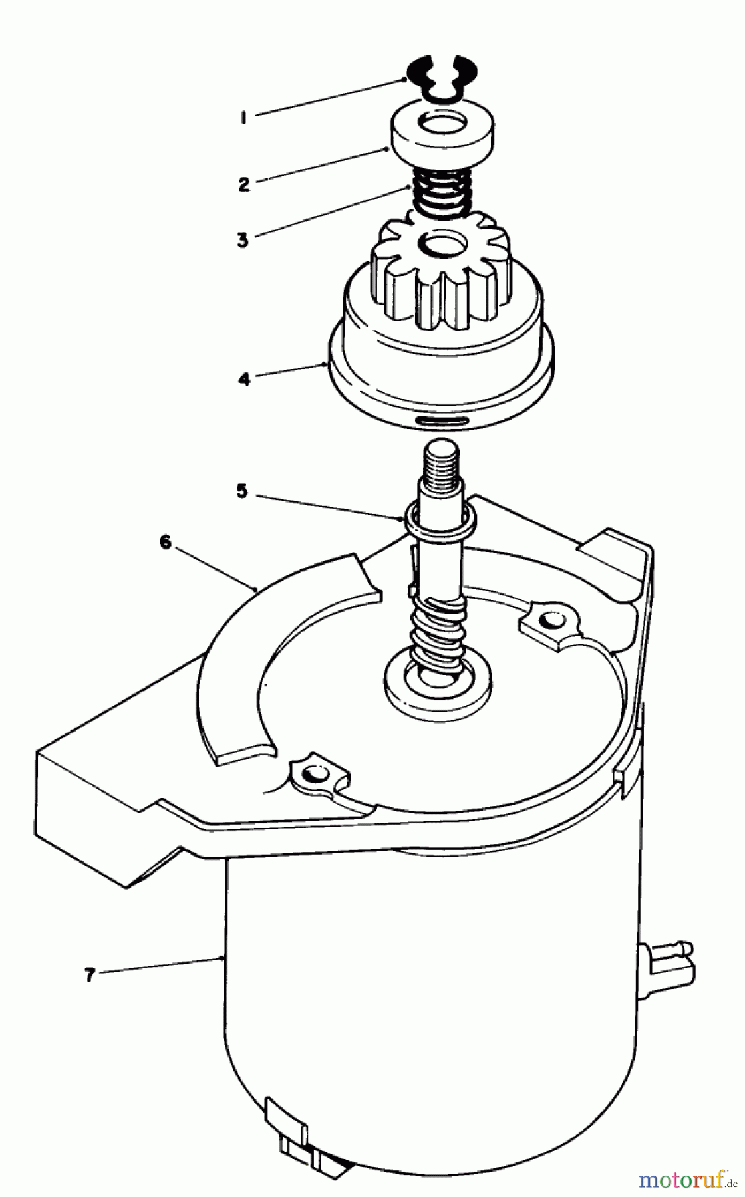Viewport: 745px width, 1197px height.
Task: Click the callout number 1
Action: [245, 118]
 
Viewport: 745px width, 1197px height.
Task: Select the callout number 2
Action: [245, 184]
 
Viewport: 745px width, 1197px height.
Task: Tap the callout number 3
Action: [243, 239]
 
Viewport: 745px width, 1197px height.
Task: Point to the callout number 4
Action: [245, 380]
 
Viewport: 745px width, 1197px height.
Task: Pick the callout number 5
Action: [242, 491]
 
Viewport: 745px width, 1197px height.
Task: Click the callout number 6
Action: [165, 543]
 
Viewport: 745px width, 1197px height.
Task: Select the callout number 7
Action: [90, 975]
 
